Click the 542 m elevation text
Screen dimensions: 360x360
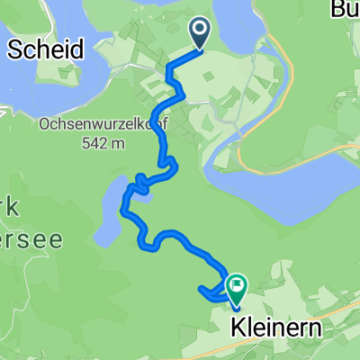101,146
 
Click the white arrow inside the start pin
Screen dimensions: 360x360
199,31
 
